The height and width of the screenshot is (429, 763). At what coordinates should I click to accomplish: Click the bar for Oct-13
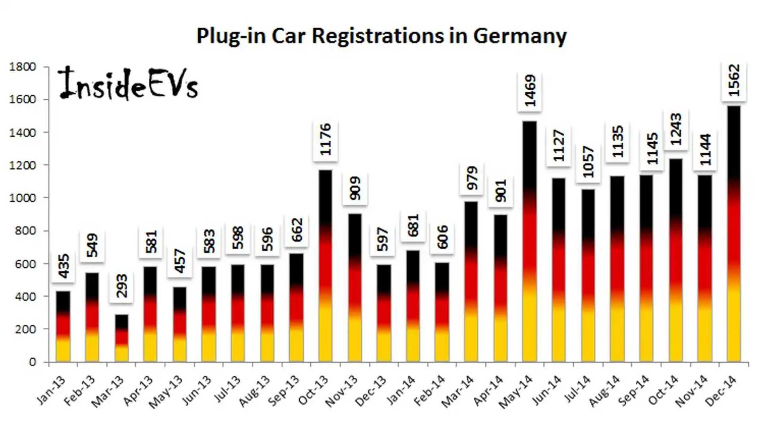pos(325,266)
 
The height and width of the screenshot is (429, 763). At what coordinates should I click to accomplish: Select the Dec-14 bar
pos(734,234)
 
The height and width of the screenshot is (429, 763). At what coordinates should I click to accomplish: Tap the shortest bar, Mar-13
pos(122,338)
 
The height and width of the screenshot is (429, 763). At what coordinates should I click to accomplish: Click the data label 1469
pos(530,91)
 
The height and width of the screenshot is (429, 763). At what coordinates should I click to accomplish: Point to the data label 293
pos(122,286)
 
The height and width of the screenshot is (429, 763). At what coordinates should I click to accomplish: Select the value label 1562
pos(734,81)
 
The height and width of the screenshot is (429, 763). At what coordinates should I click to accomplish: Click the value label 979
pos(472,178)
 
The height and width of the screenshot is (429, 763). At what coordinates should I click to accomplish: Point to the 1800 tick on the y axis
pos(23,67)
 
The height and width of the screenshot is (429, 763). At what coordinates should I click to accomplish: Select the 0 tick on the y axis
pos(33,362)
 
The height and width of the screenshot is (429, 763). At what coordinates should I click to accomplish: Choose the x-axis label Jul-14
pos(578,389)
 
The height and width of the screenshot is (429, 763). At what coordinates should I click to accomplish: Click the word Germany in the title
pos(519,36)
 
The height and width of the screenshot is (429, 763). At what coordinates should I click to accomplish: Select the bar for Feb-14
pos(442,312)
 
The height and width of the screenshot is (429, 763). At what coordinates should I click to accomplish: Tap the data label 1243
pos(676,129)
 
